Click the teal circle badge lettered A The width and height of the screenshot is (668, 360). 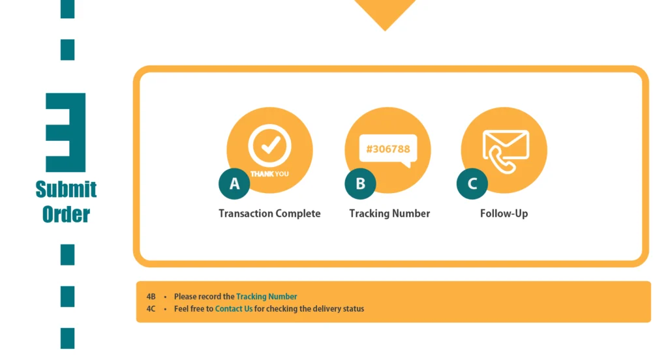(234, 184)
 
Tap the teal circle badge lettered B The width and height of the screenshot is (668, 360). (360, 184)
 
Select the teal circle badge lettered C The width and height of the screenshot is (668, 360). (472, 184)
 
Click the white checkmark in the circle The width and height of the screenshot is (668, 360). (271, 145)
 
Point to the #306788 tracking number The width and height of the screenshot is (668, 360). (388, 149)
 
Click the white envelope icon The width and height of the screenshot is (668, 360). (506, 145)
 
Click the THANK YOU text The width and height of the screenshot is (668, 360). (269, 174)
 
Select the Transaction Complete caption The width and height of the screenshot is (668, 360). (269, 213)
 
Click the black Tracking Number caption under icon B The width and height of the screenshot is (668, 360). (389, 213)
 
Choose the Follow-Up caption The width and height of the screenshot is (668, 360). (504, 213)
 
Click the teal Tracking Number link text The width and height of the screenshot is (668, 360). (267, 297)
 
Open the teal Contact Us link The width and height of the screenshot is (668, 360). (234, 309)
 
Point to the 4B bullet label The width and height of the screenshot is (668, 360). (151, 297)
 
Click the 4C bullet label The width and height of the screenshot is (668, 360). (151, 309)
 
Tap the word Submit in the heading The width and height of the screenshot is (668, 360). (66, 189)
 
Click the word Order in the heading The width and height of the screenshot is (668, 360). (66, 215)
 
